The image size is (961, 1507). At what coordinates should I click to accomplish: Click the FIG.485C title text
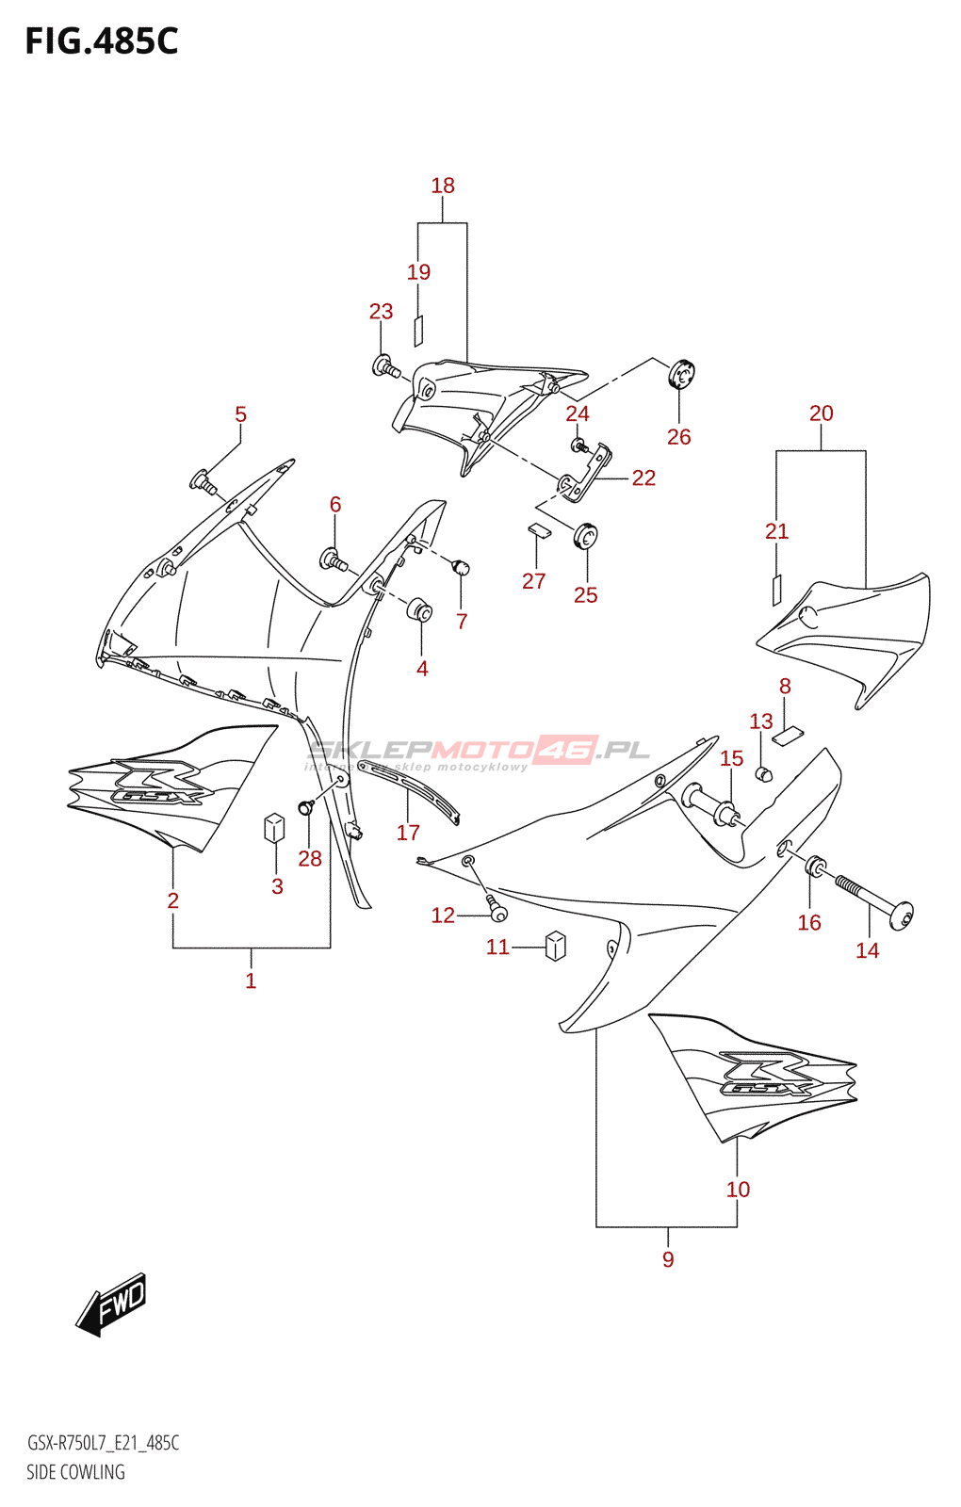point(101,41)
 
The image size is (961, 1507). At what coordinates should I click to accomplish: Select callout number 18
point(443,186)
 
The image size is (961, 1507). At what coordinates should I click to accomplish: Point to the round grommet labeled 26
point(680,375)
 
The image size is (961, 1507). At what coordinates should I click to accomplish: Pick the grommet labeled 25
point(586,537)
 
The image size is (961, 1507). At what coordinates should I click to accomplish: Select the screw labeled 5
point(204,482)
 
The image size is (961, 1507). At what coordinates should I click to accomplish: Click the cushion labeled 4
point(420,609)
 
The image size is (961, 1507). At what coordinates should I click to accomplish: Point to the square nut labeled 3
point(274,827)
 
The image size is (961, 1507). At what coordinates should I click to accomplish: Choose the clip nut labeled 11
point(556,945)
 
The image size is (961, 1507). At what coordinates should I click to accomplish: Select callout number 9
point(668,1259)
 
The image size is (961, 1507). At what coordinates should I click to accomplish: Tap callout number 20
point(821,413)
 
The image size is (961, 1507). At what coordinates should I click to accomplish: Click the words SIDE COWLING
point(75,1472)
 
